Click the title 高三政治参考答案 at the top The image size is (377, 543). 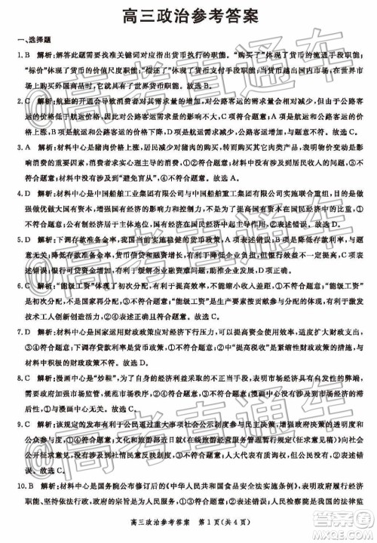[x=188, y=14]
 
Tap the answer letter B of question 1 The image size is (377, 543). [x=24, y=56]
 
